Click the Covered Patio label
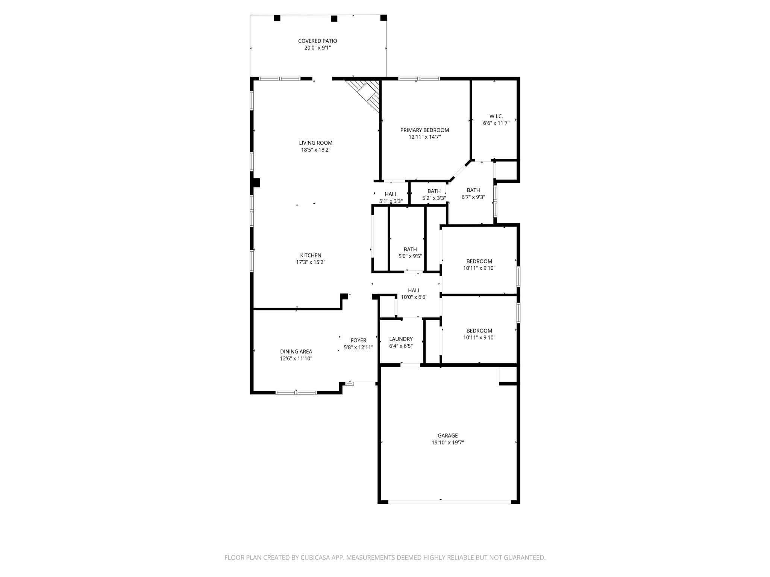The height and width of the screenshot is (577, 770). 317,41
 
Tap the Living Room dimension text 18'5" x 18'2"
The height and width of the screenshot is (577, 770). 315,150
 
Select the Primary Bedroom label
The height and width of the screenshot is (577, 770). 424,130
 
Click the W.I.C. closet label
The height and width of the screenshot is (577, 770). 496,116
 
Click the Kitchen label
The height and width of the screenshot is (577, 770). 311,255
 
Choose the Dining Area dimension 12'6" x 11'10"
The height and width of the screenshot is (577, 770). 296,359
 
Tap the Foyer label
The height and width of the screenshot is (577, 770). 358,341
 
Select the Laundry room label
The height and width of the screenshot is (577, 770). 401,339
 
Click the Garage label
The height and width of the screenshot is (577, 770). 447,436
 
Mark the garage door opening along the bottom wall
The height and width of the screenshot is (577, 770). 449,501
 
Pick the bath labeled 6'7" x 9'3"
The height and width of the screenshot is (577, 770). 473,193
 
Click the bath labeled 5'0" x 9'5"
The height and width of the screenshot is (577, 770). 410,252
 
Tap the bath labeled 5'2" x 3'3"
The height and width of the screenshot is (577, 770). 434,195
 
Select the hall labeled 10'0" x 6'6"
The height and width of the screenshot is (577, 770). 414,293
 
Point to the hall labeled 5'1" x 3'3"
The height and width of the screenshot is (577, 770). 391,198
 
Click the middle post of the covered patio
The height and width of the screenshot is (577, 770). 334,18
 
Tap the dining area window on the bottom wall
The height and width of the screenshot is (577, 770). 296,393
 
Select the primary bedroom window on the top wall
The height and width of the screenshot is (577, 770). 419,79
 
